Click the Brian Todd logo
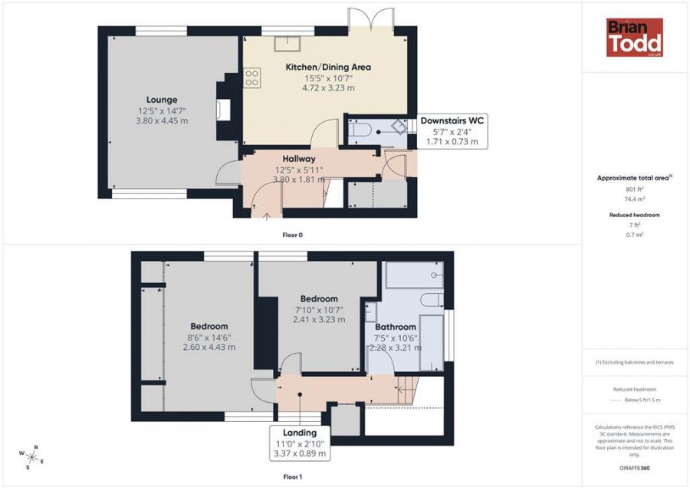[x=635, y=38]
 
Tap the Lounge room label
[x=162, y=100]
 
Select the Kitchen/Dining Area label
[x=328, y=67]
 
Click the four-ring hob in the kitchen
[x=251, y=78]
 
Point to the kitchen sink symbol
[x=287, y=44]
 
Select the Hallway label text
[x=299, y=159]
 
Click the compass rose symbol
[x=31, y=457]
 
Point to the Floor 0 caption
[x=293, y=236]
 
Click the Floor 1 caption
[x=293, y=476]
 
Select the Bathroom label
[x=395, y=327]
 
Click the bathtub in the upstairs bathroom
[x=414, y=275]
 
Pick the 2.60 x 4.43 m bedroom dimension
[x=209, y=347]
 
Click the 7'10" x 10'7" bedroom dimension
[x=319, y=310]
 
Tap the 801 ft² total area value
[x=635, y=190]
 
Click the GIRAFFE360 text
[x=635, y=468]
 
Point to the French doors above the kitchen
[x=370, y=18]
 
